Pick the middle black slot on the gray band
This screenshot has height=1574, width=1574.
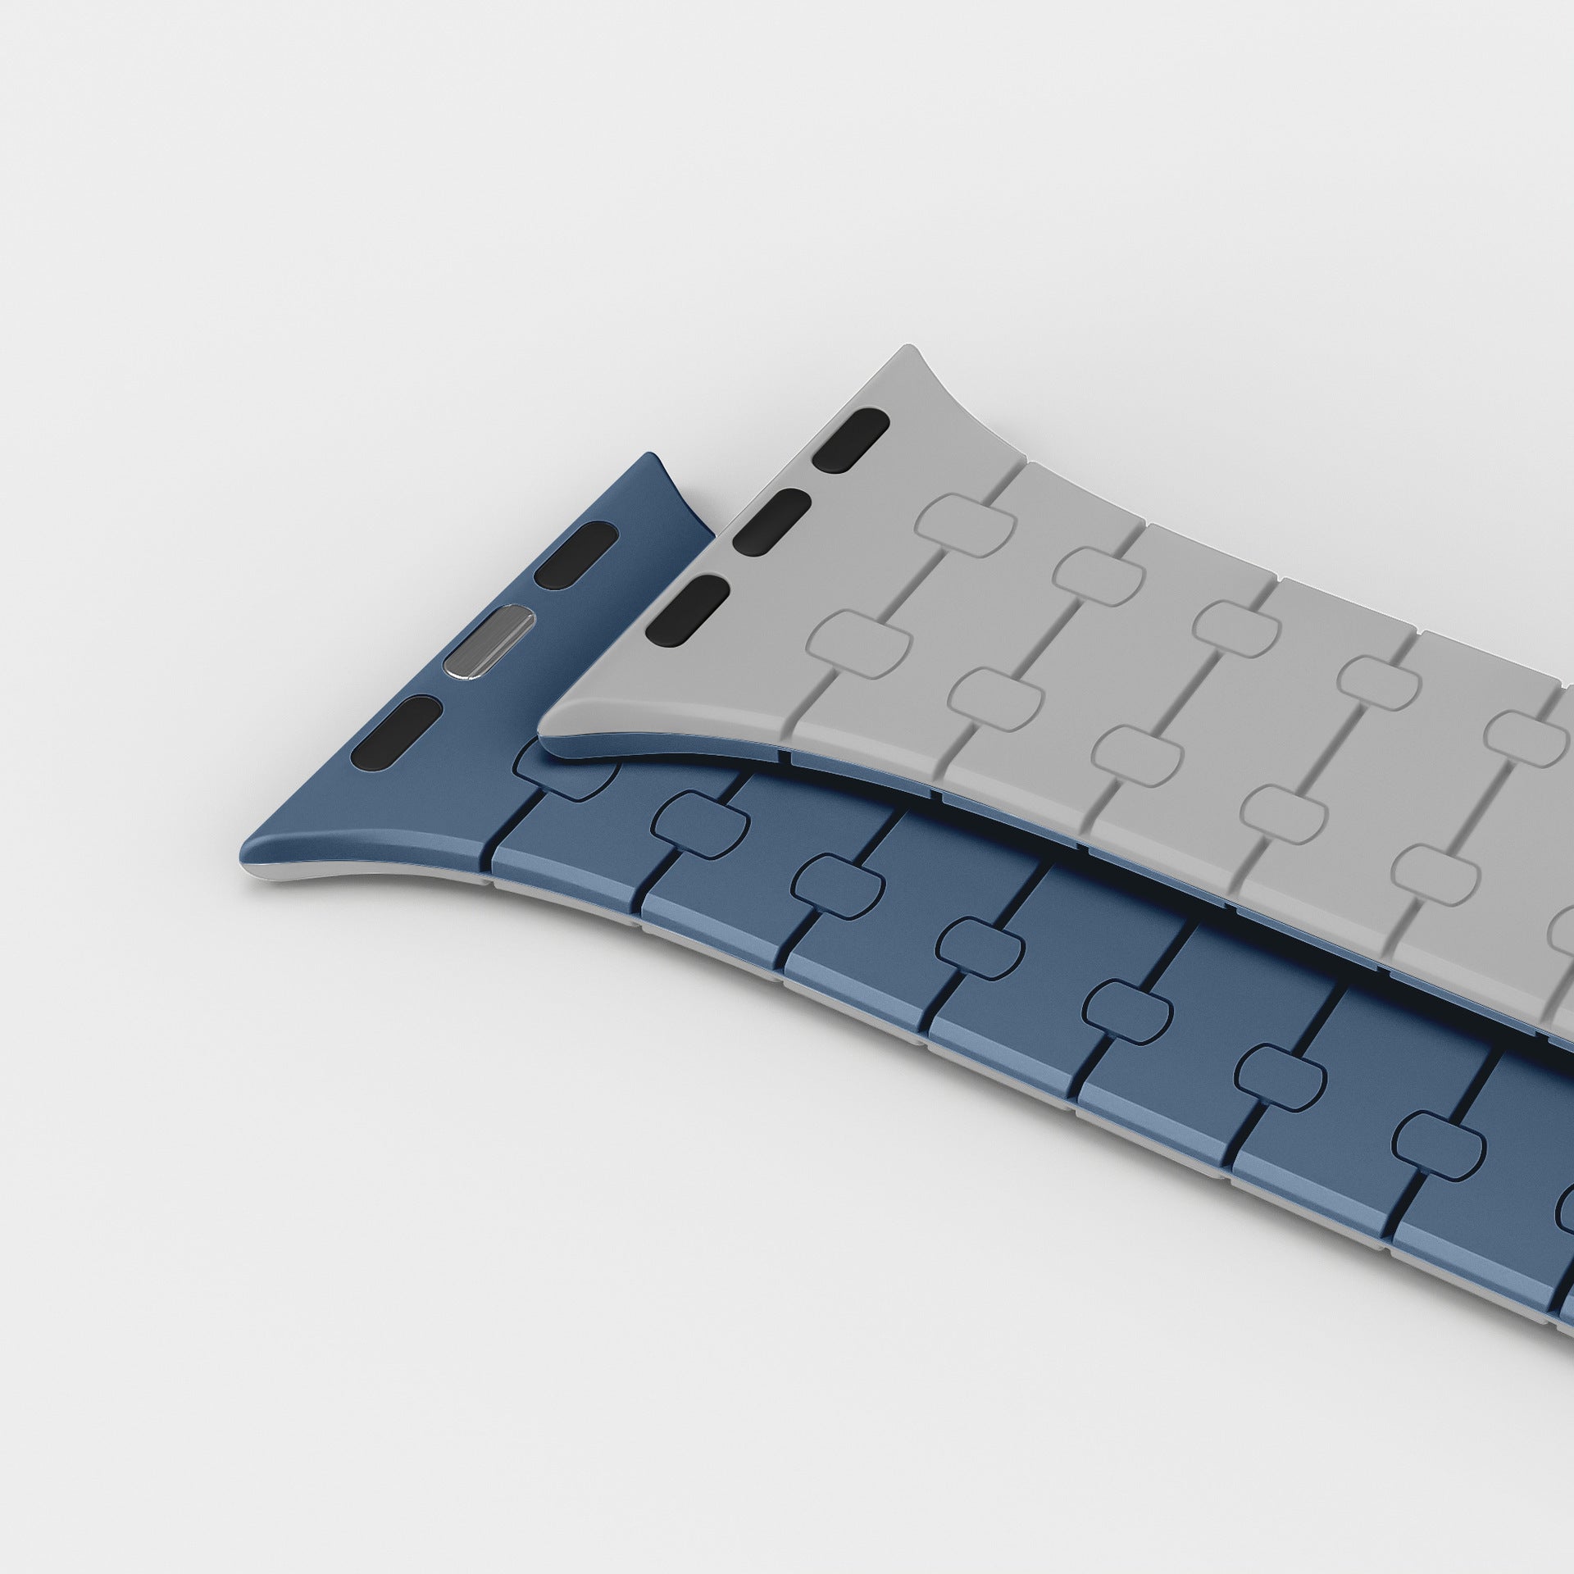(771, 520)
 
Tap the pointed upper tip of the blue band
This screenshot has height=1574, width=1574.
(654, 457)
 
